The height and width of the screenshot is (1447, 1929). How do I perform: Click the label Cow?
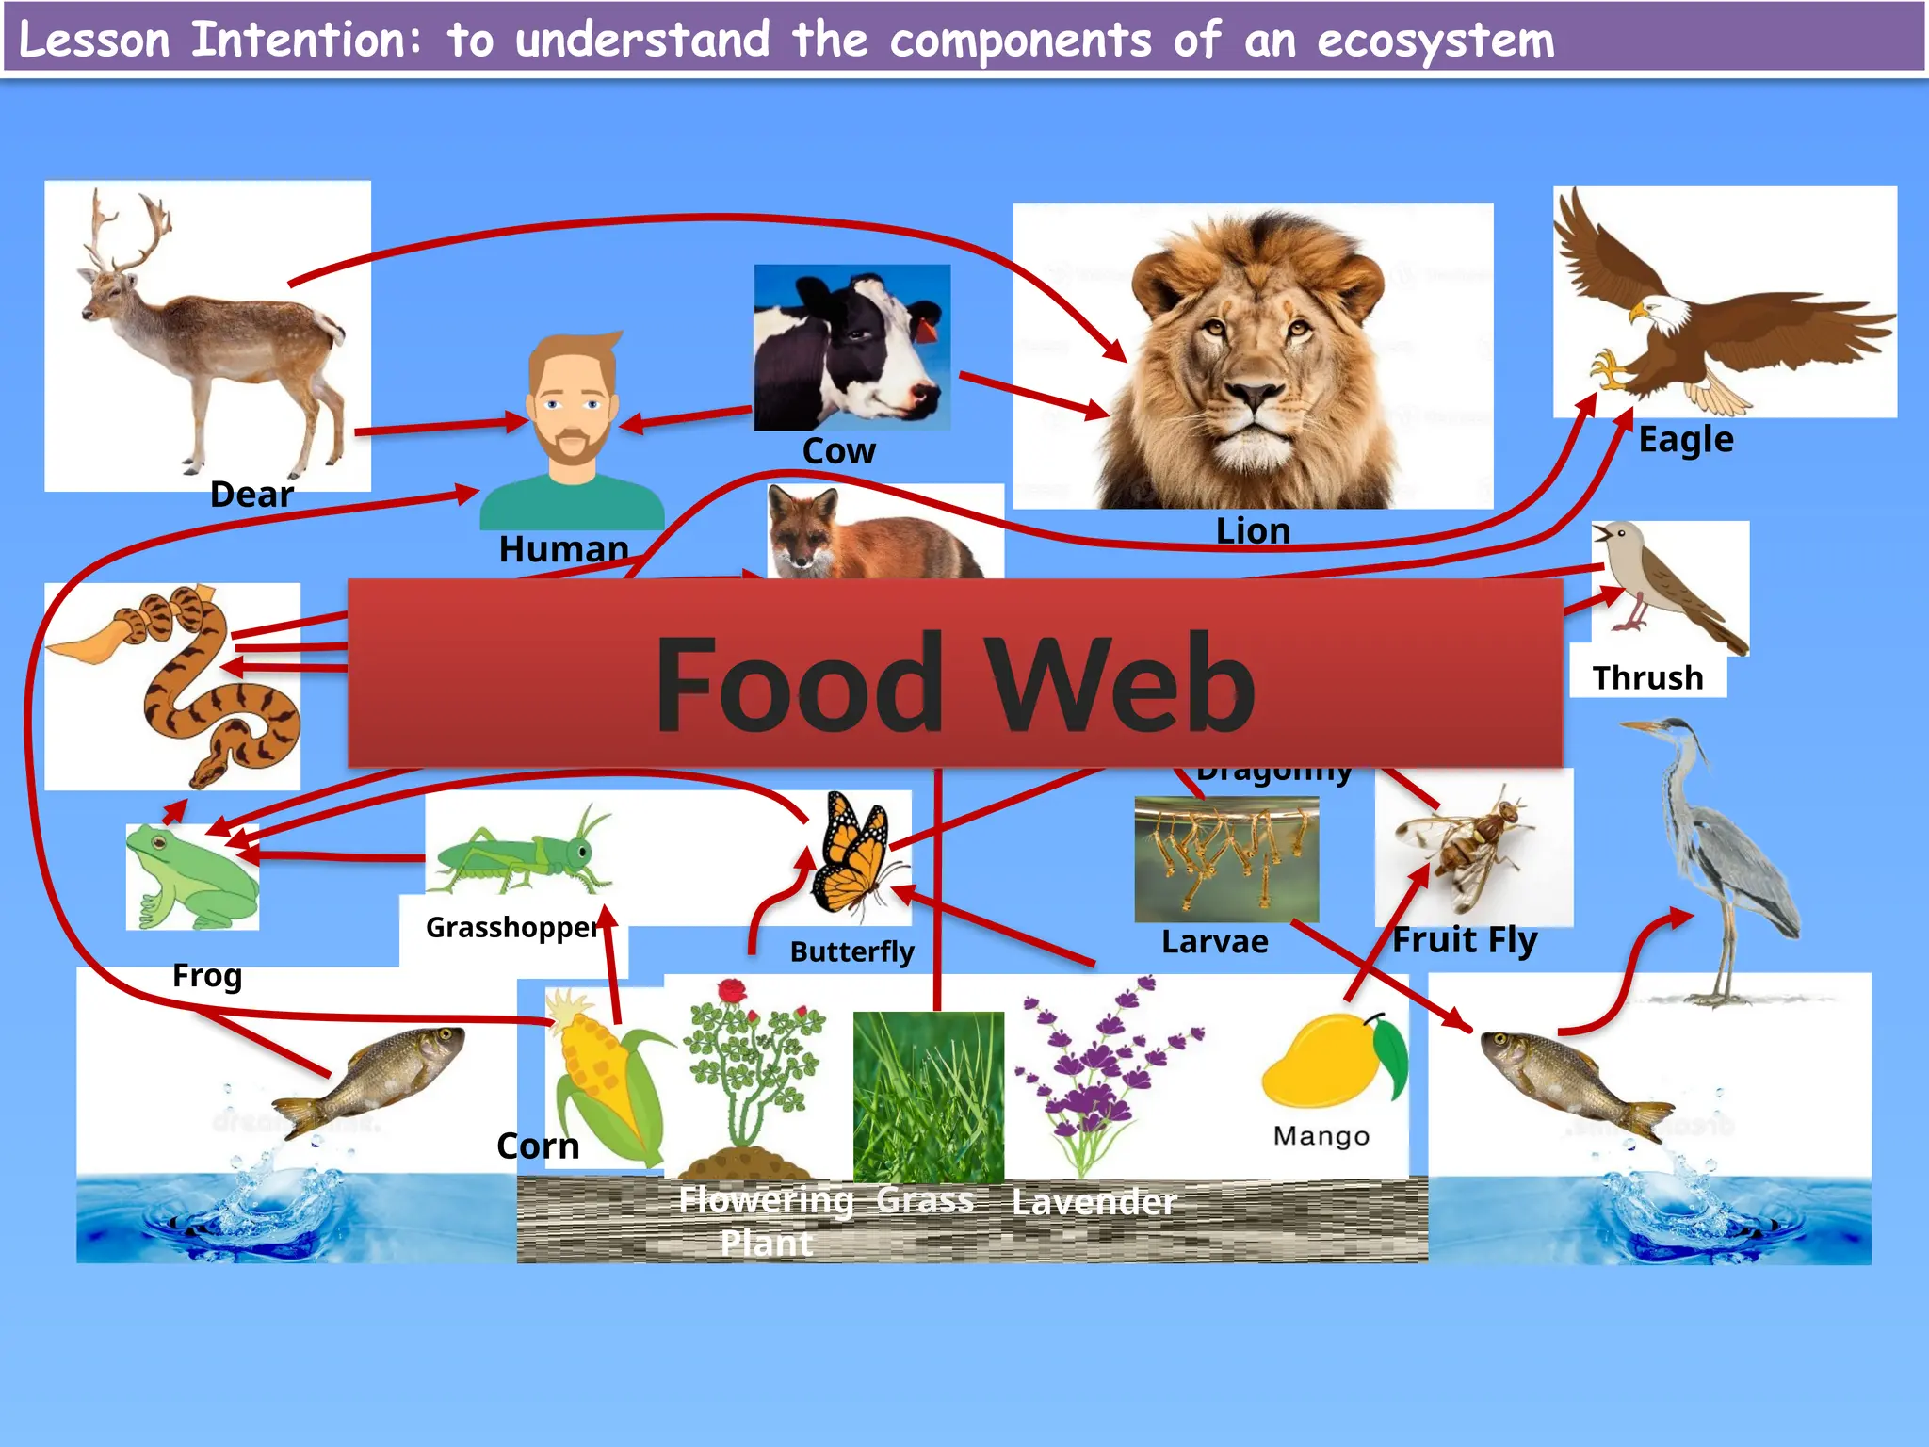click(x=838, y=451)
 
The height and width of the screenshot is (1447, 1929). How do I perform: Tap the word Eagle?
click(x=1685, y=440)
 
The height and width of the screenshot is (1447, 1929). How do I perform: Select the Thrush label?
click(x=1647, y=678)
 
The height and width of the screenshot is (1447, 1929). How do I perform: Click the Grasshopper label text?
click(x=511, y=928)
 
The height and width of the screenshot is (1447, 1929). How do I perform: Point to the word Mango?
click(x=1321, y=1136)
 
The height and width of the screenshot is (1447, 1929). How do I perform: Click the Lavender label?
click(x=1094, y=1202)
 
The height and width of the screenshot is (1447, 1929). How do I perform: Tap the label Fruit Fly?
click(x=1465, y=940)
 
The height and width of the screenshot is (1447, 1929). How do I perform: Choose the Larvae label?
click(x=1214, y=942)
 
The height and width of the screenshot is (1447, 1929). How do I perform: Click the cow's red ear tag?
click(x=927, y=331)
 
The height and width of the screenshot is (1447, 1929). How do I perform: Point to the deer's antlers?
click(x=127, y=231)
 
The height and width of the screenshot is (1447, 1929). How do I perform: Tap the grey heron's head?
click(x=1673, y=730)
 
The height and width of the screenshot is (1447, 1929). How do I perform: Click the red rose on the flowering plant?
click(x=731, y=992)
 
